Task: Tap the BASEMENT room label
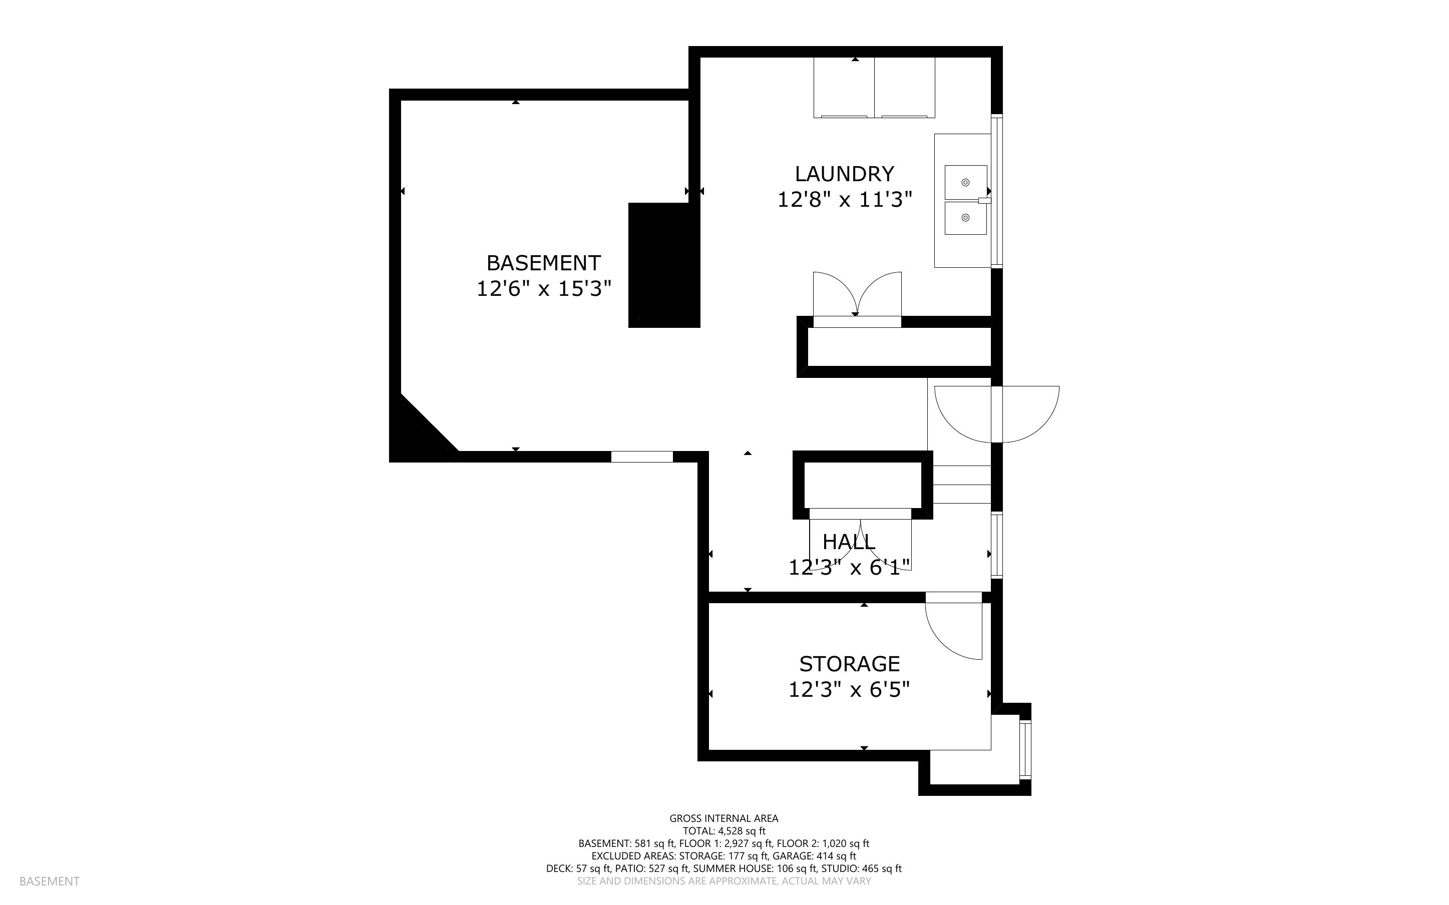pos(543,263)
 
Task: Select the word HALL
pos(849,542)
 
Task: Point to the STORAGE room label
pos(849,664)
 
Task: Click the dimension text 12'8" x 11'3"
pos(845,199)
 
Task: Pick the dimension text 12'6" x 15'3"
pos(543,289)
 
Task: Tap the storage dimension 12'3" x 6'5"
pos(849,690)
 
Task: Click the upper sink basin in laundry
pos(965,183)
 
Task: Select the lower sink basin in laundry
pos(965,218)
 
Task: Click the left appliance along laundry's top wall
pos(844,88)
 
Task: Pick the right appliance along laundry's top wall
pos(905,88)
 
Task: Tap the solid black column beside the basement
pos(664,265)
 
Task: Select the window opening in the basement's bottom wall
pos(641,457)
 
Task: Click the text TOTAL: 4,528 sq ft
pos(724,831)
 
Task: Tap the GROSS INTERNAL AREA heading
pos(723,818)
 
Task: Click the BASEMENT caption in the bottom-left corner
pos(49,881)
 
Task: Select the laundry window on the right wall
pos(997,191)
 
